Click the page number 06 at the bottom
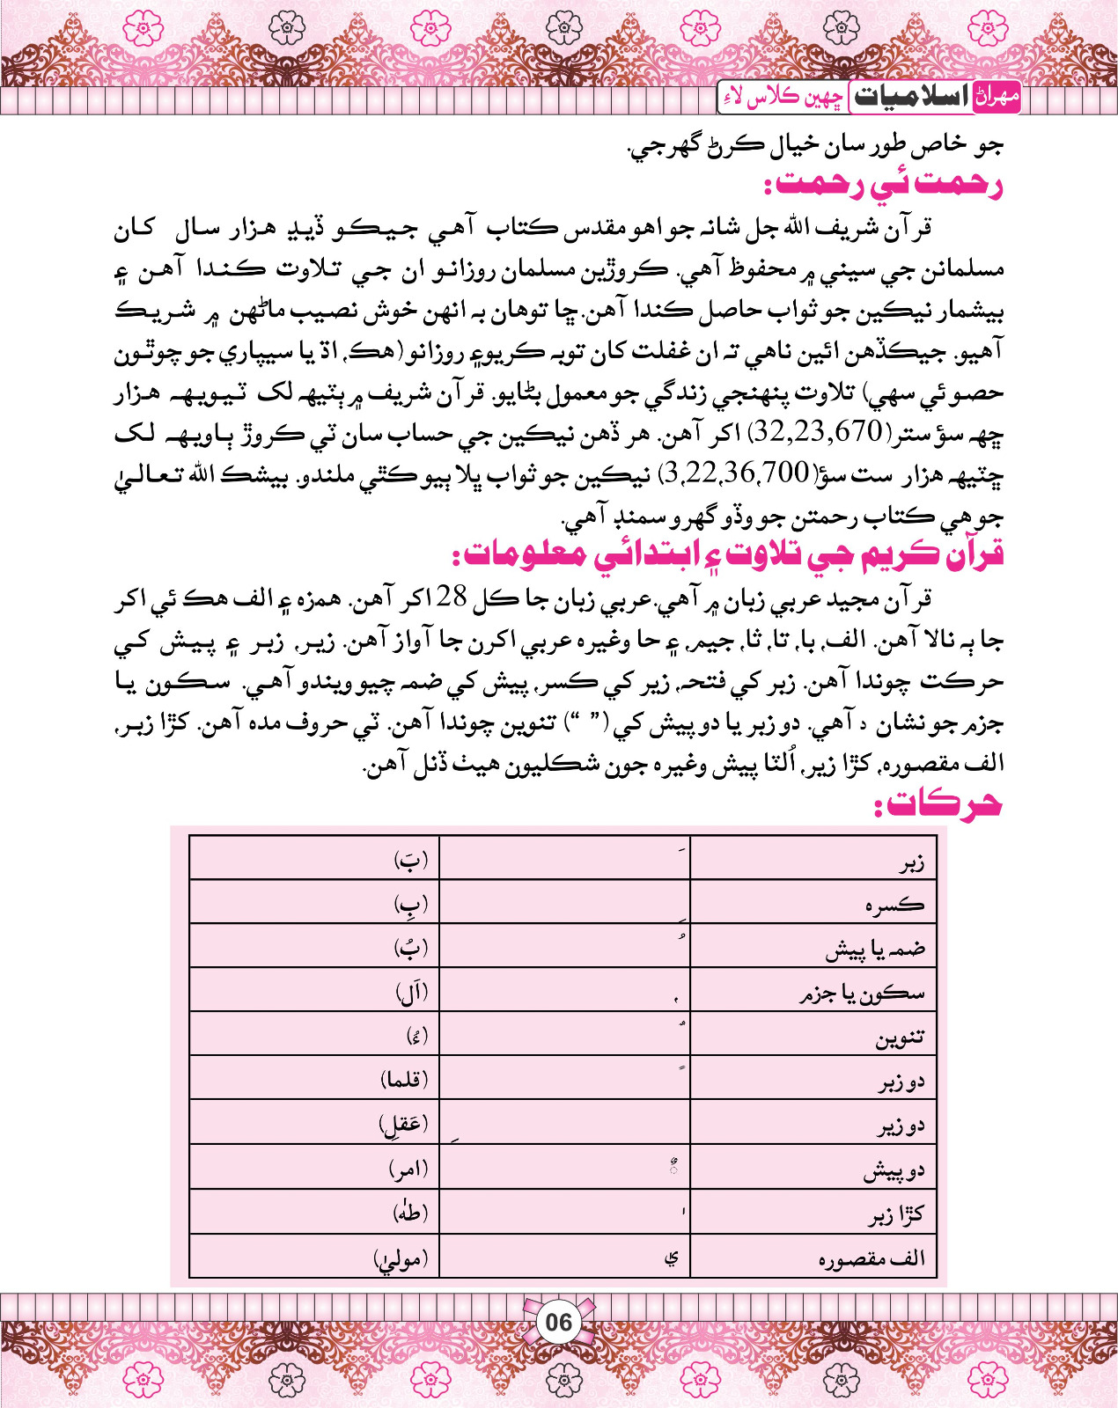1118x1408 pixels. point(558,1322)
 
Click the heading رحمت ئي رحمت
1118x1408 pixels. point(884,187)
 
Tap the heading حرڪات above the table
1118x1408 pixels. point(938,804)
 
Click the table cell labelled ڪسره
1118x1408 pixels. point(895,905)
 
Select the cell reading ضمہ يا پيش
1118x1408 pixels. point(875,950)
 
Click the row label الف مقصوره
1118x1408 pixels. point(872,1258)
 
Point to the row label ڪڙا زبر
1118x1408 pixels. point(896,1215)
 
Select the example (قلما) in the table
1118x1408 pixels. point(404,1080)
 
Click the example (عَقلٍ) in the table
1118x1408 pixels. point(404,1124)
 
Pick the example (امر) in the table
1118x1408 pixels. point(408,1170)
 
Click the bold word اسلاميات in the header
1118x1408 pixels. point(910,97)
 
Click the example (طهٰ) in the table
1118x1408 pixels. point(410,1213)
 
